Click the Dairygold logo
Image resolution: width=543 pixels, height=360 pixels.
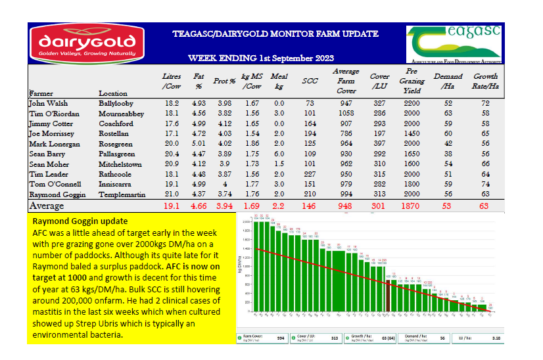pyautogui.click(x=83, y=43)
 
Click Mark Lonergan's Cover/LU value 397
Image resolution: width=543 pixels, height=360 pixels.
pyautogui.click(x=379, y=143)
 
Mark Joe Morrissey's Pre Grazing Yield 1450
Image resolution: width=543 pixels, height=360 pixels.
pyautogui.click(x=412, y=133)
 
